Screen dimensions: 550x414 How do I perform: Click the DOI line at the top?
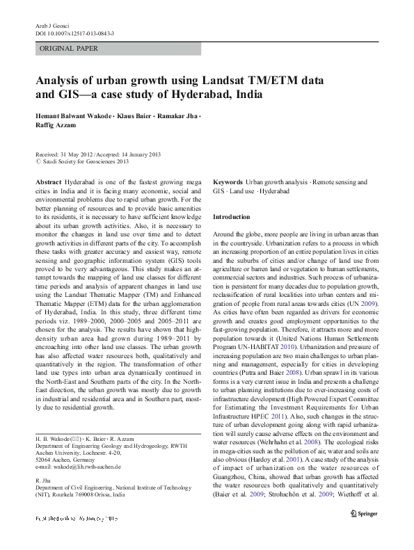click(x=74, y=33)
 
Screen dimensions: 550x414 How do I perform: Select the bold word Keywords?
click(x=228, y=181)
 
